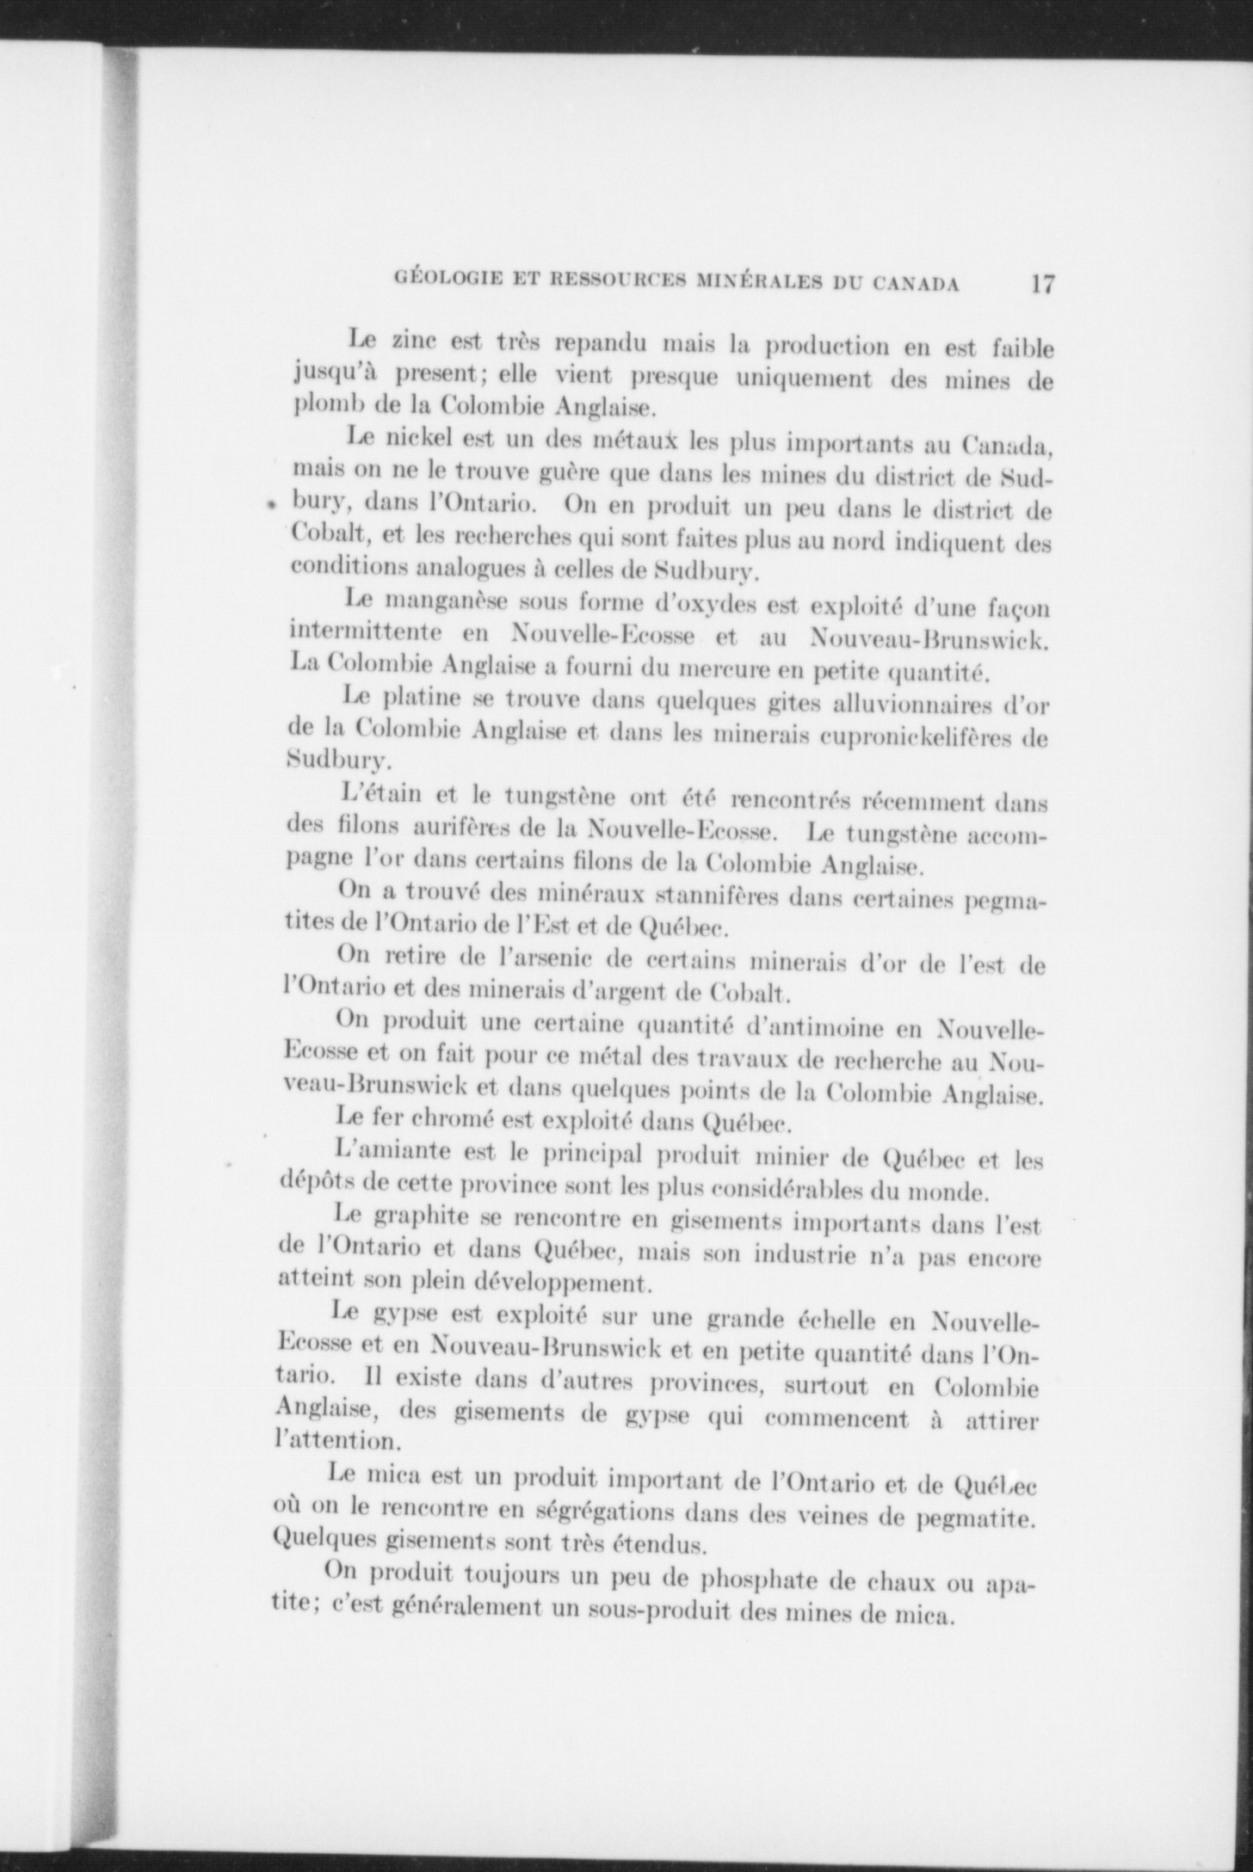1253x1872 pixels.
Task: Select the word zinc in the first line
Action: tap(418, 341)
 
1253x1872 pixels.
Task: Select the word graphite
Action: tap(422, 1218)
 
